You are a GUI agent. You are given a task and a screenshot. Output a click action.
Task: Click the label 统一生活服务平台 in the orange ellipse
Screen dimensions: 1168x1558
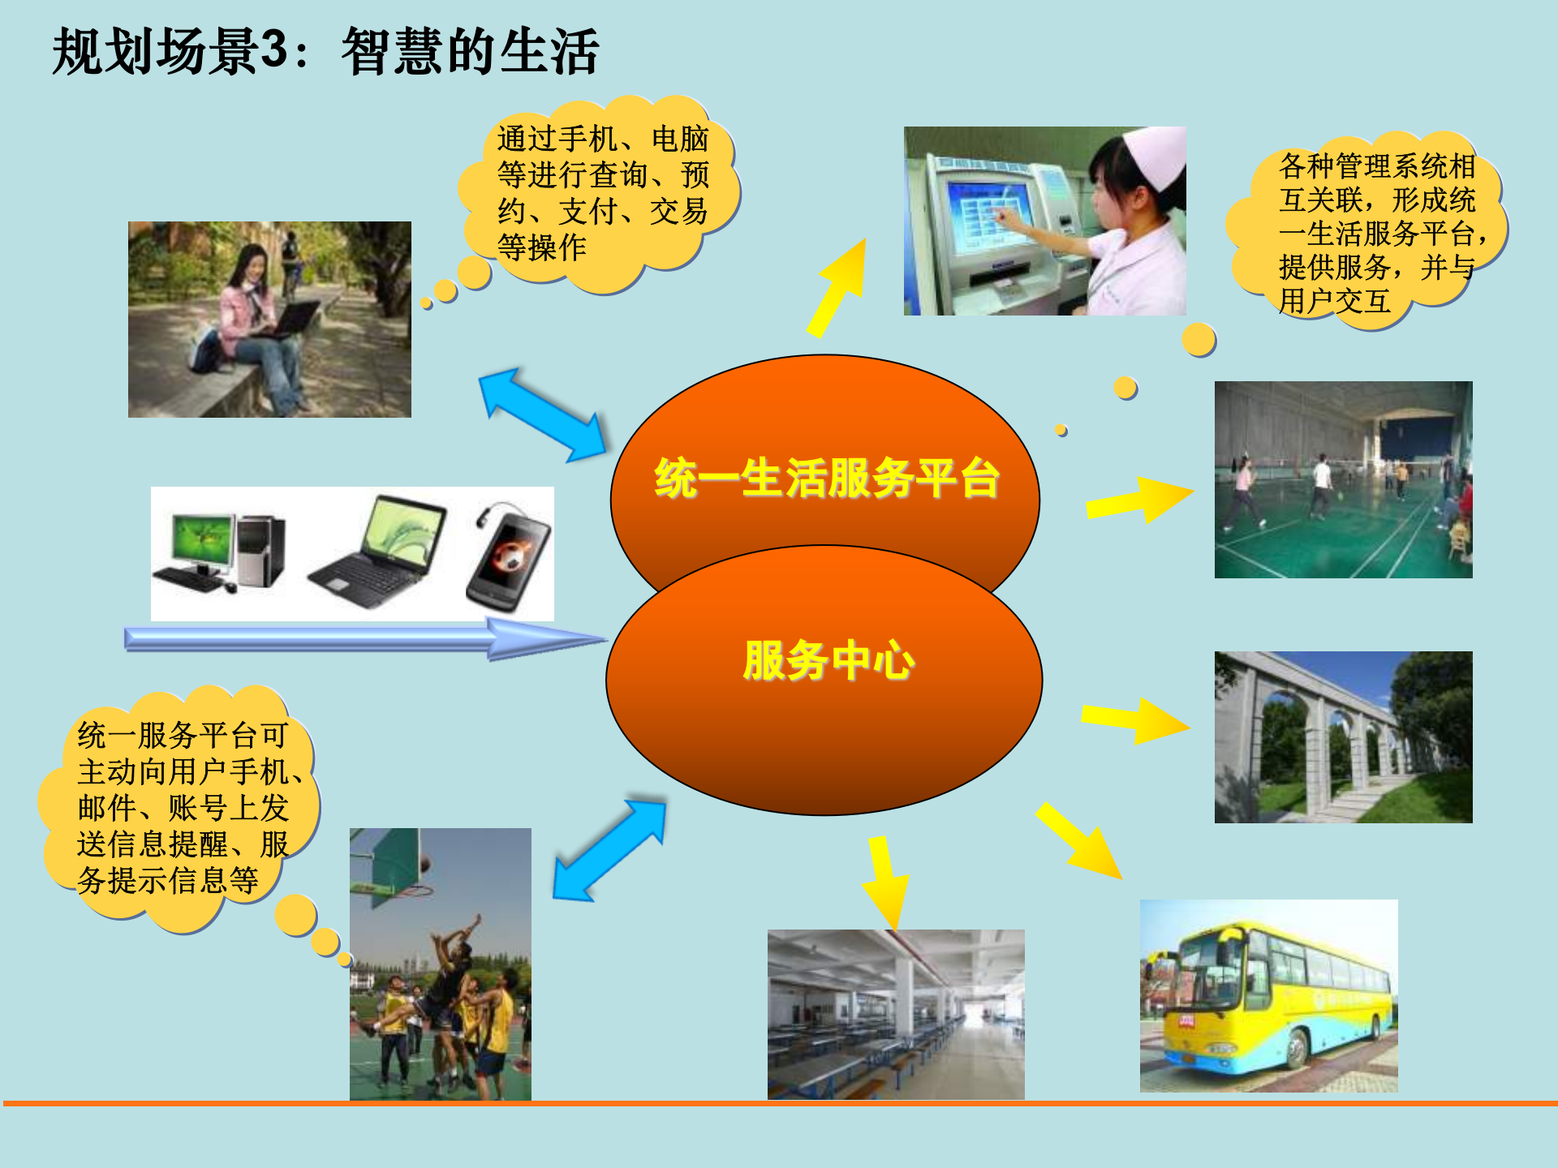pos(826,478)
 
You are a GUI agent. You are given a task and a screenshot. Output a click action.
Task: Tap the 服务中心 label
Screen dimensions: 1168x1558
pos(828,660)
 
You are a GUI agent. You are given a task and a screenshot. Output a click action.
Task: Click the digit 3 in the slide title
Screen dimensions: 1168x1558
pos(274,50)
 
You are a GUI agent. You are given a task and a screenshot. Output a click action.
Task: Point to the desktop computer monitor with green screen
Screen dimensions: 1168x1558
pos(200,541)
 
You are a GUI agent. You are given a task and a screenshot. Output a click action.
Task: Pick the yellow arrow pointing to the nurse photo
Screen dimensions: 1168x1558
pos(839,288)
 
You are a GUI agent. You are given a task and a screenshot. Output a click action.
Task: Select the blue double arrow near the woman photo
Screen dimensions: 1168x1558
pos(542,415)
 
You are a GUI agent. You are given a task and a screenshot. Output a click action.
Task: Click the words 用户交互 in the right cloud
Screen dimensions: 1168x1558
pos(1334,302)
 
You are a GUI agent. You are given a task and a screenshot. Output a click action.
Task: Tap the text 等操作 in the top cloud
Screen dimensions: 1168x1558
pos(541,247)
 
